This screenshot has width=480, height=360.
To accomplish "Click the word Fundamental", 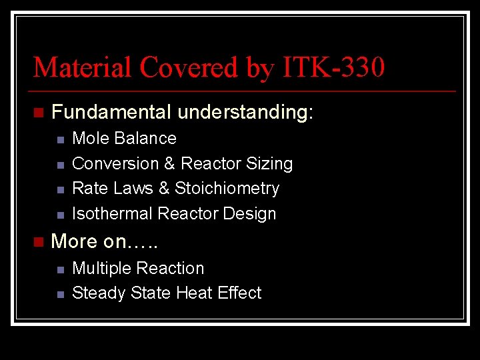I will point(111,112).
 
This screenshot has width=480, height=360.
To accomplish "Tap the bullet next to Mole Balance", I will point(60,139).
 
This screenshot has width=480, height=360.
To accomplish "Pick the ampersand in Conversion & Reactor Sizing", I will point(169,163).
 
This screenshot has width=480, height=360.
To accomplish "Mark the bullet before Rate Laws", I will point(60,189).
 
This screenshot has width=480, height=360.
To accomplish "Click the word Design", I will point(251,213).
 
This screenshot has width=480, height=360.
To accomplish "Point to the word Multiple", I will point(99,268).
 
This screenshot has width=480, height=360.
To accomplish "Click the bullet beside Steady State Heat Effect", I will point(60,294).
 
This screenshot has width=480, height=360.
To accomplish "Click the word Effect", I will point(239,293).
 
